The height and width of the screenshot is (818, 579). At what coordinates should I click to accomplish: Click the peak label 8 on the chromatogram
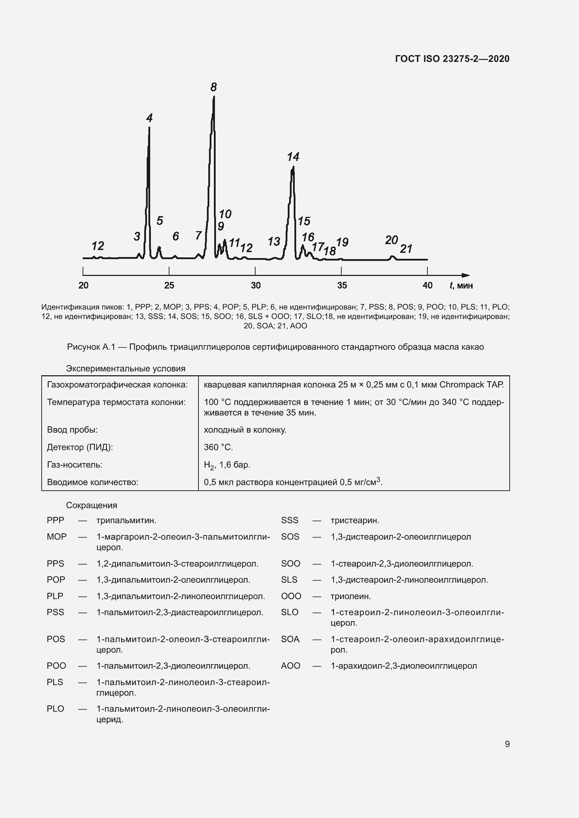213,87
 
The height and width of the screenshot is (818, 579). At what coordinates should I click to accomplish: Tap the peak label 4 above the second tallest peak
149,118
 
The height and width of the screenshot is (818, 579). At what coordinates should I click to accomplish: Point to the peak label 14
293,156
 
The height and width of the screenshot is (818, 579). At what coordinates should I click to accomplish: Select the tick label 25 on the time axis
169,285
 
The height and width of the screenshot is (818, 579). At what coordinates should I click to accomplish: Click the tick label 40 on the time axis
427,285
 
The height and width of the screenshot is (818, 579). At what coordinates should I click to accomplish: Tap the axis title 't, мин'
461,285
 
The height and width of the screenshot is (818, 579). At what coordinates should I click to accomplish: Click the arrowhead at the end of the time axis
466,275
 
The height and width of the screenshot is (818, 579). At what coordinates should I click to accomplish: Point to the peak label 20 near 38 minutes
391,240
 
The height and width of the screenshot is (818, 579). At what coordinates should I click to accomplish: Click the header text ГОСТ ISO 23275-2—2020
452,59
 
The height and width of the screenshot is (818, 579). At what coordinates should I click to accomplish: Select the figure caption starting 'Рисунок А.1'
275,347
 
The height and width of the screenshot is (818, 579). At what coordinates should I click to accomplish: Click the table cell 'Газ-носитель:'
75,464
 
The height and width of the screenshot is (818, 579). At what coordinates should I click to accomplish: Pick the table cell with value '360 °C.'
218,447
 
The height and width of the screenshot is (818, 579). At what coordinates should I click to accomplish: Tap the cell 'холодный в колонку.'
245,430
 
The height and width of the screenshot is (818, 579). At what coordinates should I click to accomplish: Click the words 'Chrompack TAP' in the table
471,385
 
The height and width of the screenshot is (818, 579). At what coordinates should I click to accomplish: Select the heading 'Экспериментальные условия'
126,368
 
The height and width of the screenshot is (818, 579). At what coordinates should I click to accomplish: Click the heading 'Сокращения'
92,505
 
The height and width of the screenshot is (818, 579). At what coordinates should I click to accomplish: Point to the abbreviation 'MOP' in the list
56,536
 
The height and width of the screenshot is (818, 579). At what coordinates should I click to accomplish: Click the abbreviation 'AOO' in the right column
290,666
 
